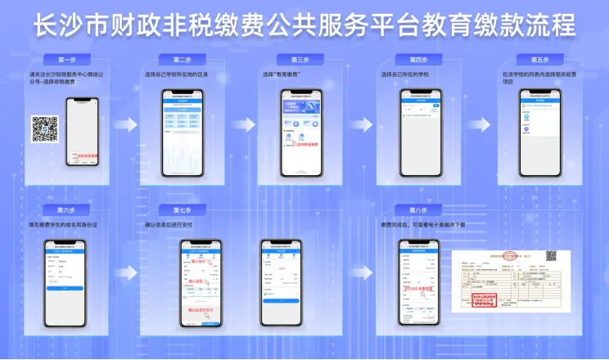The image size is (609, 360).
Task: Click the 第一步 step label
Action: tap(67, 60)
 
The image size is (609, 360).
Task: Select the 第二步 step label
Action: tap(183, 60)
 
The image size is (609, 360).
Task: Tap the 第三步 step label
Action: tap(300, 60)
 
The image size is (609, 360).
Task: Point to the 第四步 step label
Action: tap(417, 60)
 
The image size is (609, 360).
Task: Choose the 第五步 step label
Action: tap(539, 60)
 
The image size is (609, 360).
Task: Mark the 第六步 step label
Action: tap(67, 210)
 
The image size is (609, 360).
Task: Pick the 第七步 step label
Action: tap(183, 210)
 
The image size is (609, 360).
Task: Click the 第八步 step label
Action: tap(417, 210)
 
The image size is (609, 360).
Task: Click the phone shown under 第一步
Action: tap(82, 133)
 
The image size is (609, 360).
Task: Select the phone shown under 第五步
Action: tap(539, 134)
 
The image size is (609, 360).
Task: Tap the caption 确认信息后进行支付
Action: tap(174, 223)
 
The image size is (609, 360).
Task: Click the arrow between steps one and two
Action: tap(125, 124)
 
